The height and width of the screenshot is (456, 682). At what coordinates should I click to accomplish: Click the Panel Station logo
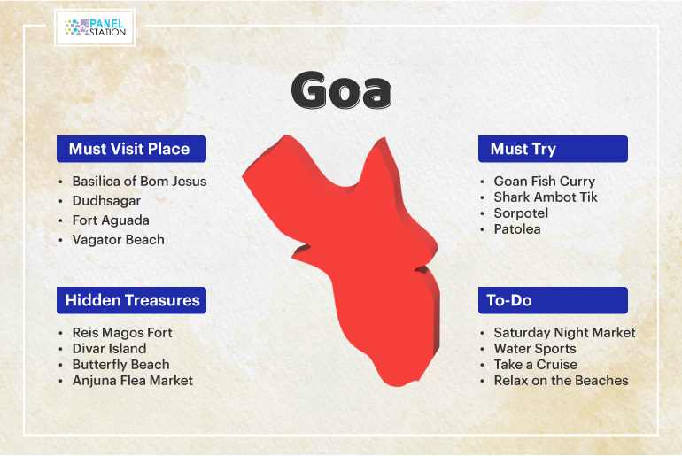pos(95,27)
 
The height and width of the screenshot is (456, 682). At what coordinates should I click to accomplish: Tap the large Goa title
pos(341,90)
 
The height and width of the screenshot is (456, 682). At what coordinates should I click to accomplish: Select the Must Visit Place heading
pos(131,149)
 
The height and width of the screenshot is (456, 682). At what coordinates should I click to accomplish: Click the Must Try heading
pos(553,149)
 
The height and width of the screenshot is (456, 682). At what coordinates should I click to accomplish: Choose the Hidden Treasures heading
pos(131,300)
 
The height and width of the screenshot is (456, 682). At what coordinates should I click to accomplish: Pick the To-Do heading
pos(553,300)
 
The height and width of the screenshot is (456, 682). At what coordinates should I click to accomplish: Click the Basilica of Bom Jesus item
pos(139,181)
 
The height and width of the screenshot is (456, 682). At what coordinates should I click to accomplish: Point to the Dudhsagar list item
pos(106,201)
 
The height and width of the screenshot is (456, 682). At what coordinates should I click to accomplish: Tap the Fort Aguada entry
pos(111,220)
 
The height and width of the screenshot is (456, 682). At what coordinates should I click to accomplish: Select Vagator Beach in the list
pos(119,240)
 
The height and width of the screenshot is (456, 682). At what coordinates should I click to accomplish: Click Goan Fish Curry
pos(544,182)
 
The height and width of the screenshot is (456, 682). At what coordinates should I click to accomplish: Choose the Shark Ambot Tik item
pos(546,197)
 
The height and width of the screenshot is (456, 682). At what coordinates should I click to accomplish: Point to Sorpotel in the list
pos(521,213)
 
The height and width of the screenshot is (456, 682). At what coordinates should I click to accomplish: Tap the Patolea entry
pos(517,229)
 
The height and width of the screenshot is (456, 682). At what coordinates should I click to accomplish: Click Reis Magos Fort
pos(122,333)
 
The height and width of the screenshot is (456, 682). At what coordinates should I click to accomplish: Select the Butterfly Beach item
pos(121,364)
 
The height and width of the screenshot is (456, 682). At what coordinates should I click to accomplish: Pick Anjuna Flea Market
pos(132,381)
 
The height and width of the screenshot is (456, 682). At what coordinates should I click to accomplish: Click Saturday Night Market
pos(564,333)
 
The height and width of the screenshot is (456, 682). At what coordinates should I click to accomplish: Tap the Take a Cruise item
pos(536,364)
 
